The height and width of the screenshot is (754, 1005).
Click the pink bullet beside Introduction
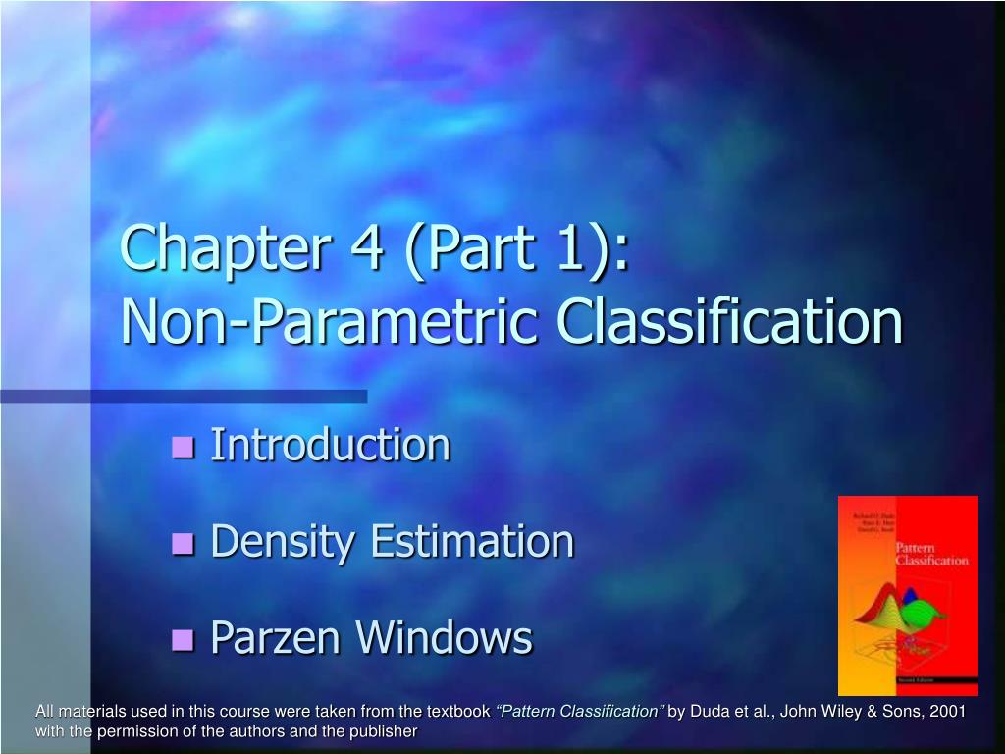pos(184,448)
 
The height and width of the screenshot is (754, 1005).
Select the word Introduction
pos(331,445)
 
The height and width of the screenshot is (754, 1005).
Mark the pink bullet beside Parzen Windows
pos(184,640)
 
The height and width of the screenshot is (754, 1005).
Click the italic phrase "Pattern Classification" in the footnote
pos(580,711)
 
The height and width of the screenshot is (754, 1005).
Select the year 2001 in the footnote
pos(947,711)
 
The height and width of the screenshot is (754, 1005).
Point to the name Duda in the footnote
pos(710,711)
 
